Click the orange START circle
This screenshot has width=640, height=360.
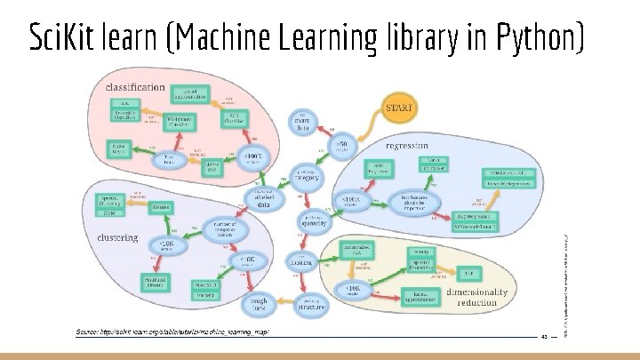[x=398, y=108]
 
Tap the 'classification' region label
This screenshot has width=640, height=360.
[x=136, y=87]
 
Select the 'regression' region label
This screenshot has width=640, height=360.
[x=410, y=145]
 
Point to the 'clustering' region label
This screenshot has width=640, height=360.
[x=117, y=238]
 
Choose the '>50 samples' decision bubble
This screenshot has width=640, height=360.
[x=340, y=144]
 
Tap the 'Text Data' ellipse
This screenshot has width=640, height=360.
[x=164, y=160]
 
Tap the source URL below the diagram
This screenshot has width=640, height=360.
[x=171, y=332]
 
